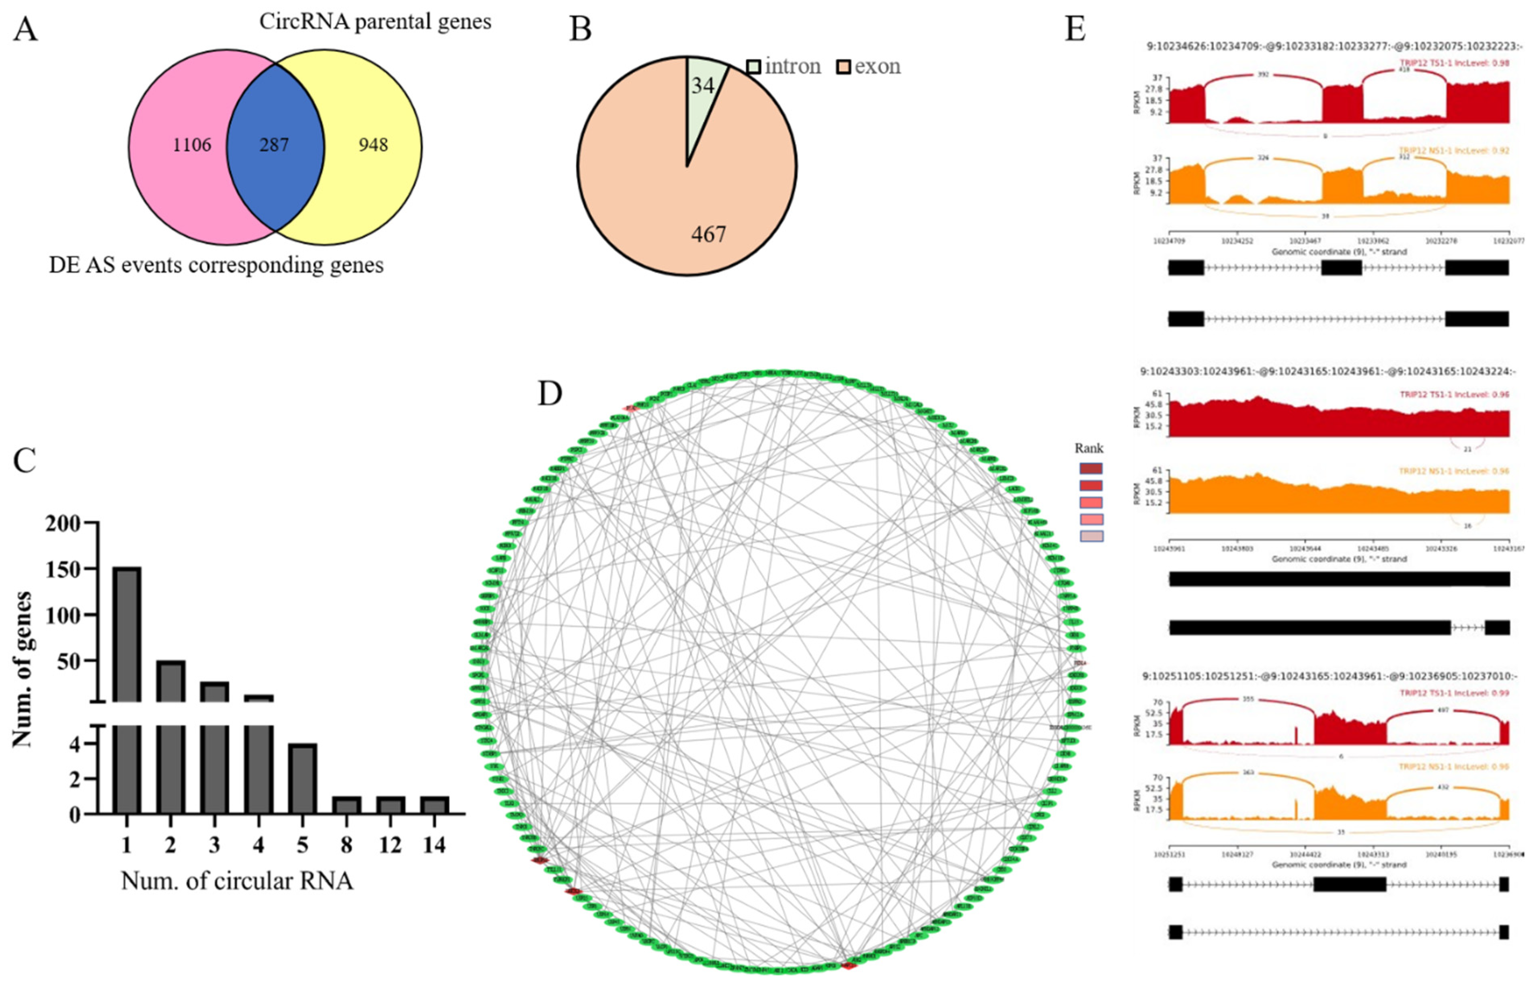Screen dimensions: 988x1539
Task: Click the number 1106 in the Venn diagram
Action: click(191, 145)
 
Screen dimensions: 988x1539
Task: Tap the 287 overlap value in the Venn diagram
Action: click(274, 145)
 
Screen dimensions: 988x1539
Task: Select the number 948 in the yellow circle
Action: click(373, 145)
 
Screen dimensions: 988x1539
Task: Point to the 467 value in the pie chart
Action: click(708, 235)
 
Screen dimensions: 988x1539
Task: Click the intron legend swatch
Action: click(754, 67)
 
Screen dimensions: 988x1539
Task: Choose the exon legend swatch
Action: click(843, 67)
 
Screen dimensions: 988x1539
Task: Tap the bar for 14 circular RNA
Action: click(434, 805)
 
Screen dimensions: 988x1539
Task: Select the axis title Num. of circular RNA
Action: click(237, 881)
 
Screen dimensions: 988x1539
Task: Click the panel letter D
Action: click(550, 394)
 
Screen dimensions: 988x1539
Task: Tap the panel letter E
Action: click(1075, 29)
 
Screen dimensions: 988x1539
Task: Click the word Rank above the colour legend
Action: click(1089, 449)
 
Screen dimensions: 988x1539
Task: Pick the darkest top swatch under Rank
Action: click(1091, 469)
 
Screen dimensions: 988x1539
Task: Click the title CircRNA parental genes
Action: click(375, 22)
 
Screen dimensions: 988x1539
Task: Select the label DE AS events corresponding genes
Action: click(216, 265)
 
